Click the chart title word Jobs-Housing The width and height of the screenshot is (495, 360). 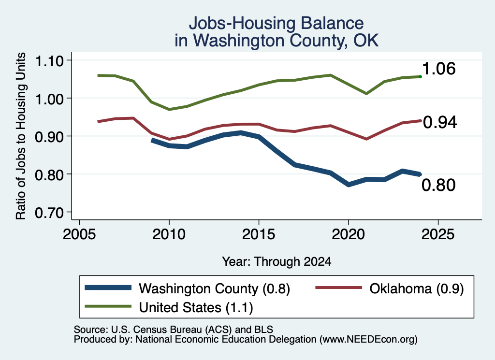[x=243, y=23]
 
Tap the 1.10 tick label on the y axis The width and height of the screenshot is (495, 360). [x=49, y=61]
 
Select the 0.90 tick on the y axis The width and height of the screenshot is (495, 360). [x=49, y=137]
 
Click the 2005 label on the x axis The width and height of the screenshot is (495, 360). [x=79, y=234]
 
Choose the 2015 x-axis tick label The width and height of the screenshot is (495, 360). [x=259, y=234]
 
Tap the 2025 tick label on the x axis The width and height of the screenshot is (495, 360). [x=438, y=234]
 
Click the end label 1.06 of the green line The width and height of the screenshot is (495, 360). [x=439, y=69]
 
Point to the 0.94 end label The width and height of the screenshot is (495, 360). [x=440, y=122]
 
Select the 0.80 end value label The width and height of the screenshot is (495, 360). [x=439, y=185]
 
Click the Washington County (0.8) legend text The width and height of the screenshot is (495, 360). [x=214, y=288]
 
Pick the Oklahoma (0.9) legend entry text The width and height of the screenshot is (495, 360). [x=417, y=288]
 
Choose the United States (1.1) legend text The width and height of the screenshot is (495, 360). [x=196, y=308]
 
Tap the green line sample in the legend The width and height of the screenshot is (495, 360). [x=108, y=306]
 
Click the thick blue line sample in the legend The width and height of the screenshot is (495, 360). [x=108, y=288]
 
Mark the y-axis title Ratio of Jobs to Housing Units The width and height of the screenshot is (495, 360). [x=21, y=136]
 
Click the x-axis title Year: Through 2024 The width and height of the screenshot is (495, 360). [x=277, y=261]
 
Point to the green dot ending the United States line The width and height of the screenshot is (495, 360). [x=420, y=77]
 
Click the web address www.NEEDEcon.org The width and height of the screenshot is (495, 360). [x=368, y=340]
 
